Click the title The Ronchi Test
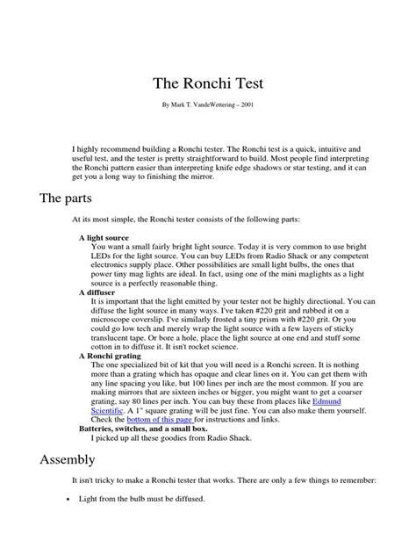click(x=208, y=84)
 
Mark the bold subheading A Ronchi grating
click(x=111, y=357)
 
